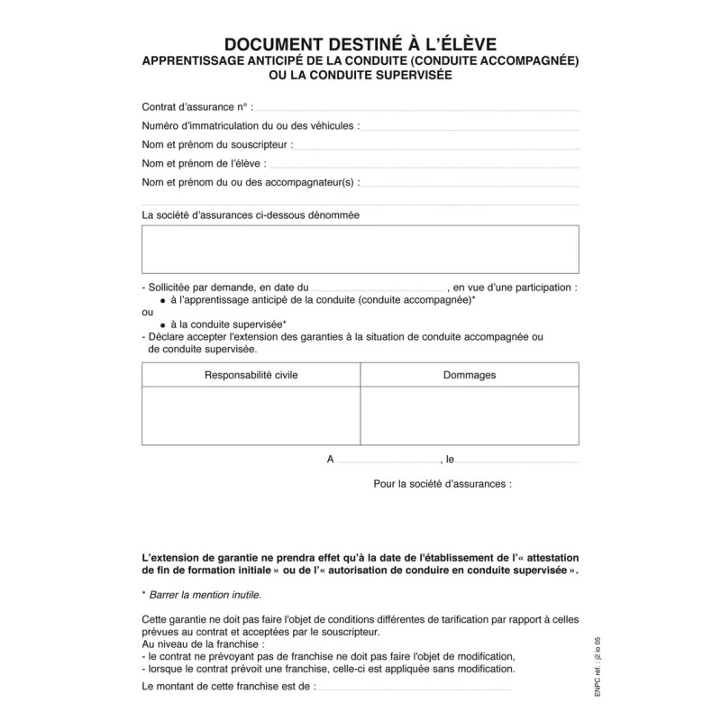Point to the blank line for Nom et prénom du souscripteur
pos(436,145)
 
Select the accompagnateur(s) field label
pos(251,182)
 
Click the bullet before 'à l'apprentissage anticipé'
pos(162,299)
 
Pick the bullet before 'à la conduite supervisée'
pos(162,324)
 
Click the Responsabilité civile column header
pos(251,375)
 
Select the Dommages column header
pos(469,375)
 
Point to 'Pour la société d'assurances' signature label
pos(442,484)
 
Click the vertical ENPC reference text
pos(585,662)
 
